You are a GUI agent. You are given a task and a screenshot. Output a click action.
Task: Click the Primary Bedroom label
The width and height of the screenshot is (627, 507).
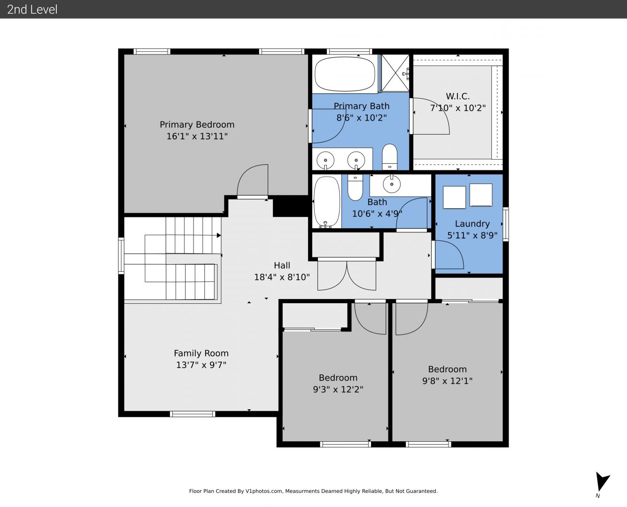[197, 124]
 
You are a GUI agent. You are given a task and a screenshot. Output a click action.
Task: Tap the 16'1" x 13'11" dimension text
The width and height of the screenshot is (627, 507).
[197, 136]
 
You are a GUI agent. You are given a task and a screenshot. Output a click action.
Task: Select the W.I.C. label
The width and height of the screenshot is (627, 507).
[458, 96]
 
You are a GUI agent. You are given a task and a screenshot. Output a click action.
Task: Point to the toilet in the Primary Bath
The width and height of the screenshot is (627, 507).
[389, 157]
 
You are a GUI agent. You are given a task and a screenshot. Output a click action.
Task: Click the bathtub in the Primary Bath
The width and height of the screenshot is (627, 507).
[345, 74]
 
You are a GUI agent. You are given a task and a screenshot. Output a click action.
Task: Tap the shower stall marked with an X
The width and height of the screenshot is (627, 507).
[395, 73]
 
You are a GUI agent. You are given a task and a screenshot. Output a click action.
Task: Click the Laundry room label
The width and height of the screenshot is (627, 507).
[472, 223]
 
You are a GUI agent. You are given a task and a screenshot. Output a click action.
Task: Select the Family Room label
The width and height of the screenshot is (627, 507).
[201, 353]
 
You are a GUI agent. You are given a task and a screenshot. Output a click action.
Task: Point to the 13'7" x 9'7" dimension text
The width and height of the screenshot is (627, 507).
[201, 365]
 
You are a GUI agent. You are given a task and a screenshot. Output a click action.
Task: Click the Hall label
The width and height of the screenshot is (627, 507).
[282, 265]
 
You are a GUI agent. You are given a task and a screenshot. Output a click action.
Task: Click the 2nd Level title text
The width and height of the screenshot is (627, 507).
[32, 9]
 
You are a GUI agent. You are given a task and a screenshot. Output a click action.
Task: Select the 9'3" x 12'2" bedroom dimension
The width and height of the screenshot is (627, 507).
[338, 389]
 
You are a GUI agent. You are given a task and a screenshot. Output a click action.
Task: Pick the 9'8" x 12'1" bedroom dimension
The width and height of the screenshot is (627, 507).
[447, 381]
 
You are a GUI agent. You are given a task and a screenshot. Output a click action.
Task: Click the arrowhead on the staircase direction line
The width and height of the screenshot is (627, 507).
[219, 235]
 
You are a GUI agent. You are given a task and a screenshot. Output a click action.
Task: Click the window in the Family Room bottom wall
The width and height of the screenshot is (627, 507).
[193, 414]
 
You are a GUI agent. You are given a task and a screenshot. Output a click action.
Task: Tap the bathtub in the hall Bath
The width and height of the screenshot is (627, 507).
[327, 202]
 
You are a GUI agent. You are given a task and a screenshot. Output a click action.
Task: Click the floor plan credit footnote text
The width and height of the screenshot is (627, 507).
[313, 491]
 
